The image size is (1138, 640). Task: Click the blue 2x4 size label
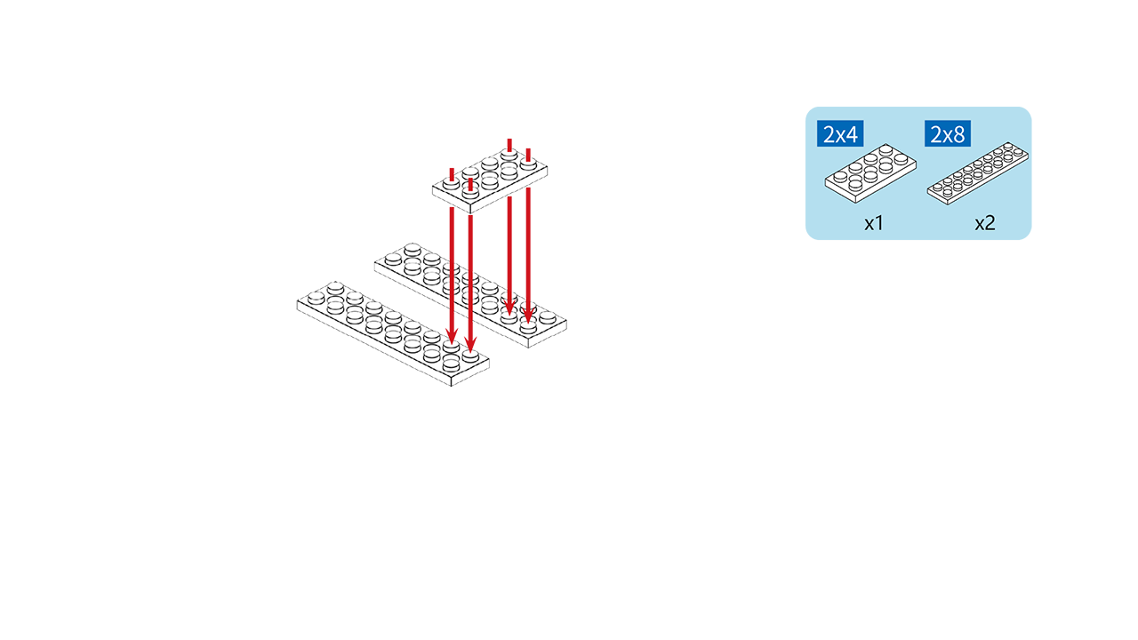pos(840,133)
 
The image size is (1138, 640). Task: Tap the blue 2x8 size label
pos(948,133)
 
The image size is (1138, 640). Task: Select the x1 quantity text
pos(874,223)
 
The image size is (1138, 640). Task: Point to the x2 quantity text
pos(984,223)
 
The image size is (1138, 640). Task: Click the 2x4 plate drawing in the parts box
pos(870,173)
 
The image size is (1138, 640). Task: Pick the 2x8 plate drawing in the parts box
pos(978,173)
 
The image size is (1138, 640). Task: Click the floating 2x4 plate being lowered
pos(490,180)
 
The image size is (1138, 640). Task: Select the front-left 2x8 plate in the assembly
pos(393,333)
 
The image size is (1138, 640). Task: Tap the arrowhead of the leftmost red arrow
pos(452,336)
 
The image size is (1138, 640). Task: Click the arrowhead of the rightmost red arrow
pos(528,314)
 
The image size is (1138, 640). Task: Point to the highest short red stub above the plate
pos(509,145)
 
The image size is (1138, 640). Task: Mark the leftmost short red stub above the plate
pos(452,174)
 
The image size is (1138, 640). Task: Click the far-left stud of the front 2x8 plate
pos(316,298)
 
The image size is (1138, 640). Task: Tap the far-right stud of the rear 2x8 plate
pos(547,317)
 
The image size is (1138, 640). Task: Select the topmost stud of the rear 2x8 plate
pos(412,250)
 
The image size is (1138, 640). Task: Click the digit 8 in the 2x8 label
pos(959,134)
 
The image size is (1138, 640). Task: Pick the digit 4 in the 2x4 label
pos(852,134)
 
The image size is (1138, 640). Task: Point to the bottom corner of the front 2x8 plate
pos(451,386)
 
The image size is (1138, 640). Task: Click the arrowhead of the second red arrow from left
pos(470,344)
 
